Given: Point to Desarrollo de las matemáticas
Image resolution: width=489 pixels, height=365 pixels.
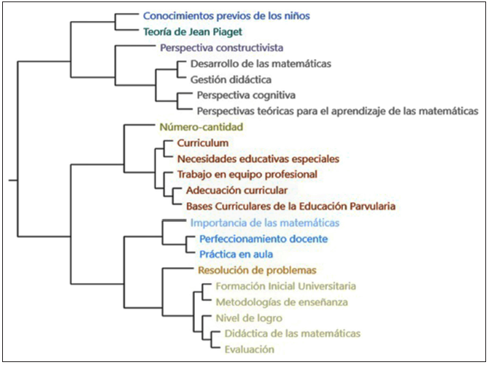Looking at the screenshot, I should click(261, 64).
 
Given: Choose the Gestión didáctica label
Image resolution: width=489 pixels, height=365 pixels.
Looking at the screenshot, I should click(231, 79).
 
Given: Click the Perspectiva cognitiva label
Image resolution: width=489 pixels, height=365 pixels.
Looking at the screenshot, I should click(245, 95).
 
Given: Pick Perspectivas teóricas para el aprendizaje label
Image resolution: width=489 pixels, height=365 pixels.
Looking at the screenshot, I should click(337, 111).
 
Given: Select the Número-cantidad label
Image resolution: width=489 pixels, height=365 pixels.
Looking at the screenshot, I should click(201, 126).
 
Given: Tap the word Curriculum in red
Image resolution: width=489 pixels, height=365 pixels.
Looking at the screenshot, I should click(203, 142).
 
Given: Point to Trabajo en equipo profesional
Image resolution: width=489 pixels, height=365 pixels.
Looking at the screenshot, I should click(247, 174).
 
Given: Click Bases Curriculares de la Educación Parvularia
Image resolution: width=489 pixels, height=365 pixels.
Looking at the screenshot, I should click(290, 207).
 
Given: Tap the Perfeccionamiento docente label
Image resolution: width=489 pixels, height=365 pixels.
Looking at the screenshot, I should click(263, 239).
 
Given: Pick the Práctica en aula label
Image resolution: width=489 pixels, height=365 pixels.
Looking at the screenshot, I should click(236, 254).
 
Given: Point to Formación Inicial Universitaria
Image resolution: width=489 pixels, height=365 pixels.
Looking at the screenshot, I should click(285, 285).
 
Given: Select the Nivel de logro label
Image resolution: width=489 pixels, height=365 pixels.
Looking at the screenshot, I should click(249, 318).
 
